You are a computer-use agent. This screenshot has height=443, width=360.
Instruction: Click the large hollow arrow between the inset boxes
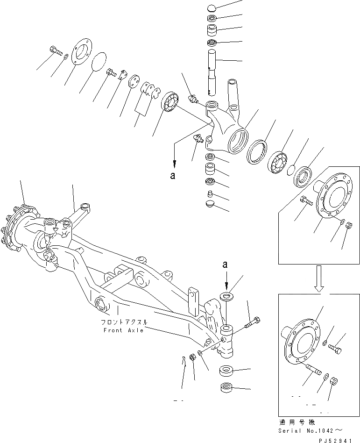(x=320, y=278)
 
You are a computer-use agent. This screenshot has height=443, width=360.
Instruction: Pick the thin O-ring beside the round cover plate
(x=99, y=62)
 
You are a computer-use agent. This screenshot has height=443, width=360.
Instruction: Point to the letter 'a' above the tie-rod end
(x=226, y=265)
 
